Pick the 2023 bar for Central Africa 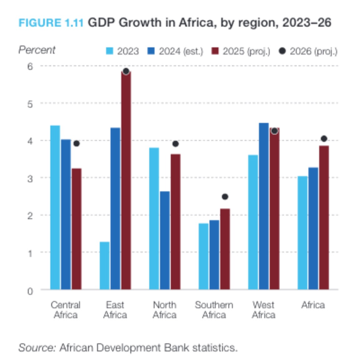click(x=55, y=207)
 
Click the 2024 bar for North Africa click(x=164, y=240)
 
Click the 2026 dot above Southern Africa click(x=225, y=197)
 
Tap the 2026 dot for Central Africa click(x=76, y=144)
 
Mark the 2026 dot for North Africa click(x=175, y=144)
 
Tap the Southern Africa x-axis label click(x=214, y=310)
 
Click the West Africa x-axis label click(x=263, y=310)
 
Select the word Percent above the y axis click(x=36, y=50)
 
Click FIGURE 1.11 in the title click(x=52, y=22)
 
